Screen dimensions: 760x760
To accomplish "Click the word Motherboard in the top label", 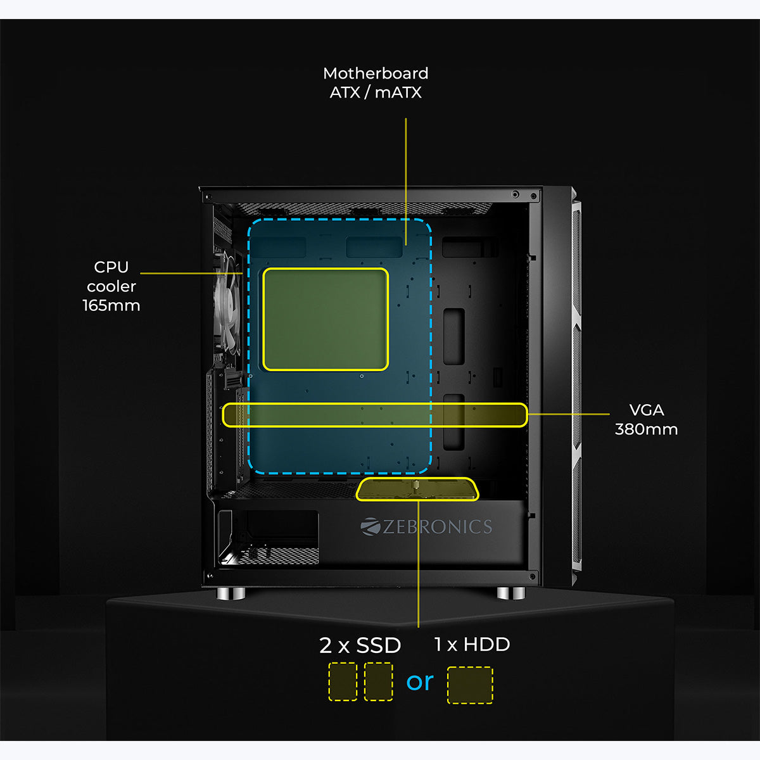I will point(376,73).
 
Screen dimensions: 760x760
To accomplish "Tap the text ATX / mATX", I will point(376,92).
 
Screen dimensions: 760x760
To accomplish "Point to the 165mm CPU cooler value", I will point(111,305).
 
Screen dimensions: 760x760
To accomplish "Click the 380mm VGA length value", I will point(646,429).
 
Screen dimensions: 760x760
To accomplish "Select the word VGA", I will point(647,410).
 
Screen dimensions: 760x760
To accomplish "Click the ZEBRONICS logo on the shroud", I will point(426,526).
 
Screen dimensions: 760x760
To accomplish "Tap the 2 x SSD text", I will point(360,645).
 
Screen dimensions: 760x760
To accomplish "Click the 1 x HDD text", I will point(472,645).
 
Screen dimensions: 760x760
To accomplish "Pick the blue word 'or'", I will point(420,682).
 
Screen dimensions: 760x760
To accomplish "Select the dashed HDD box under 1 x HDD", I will point(470,685).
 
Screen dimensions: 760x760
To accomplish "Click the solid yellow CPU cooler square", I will point(325,319).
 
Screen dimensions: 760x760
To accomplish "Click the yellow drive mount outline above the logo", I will point(417,489).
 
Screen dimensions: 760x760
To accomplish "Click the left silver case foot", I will point(231,593).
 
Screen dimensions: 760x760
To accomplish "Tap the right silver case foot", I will point(511,593).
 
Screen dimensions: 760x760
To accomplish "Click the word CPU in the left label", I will point(111,267).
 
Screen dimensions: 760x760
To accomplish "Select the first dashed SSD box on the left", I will point(343,681).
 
